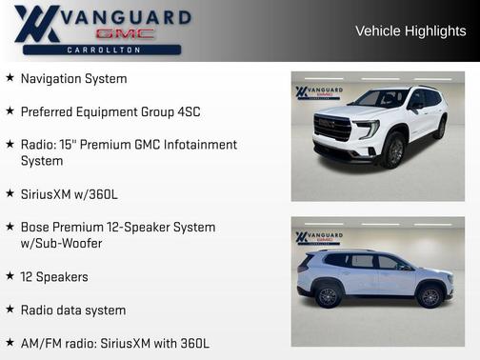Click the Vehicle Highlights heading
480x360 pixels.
pos(410,30)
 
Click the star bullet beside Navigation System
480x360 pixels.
pos(10,78)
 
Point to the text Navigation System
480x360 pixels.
pos(73,78)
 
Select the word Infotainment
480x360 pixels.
pos(200,145)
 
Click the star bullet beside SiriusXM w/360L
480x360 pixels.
pos(10,194)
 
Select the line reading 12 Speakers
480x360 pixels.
pos(54,276)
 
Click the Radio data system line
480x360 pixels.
pos(73,310)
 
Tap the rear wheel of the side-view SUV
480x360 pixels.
pos(328,295)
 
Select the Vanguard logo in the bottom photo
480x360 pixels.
pos(318,238)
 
